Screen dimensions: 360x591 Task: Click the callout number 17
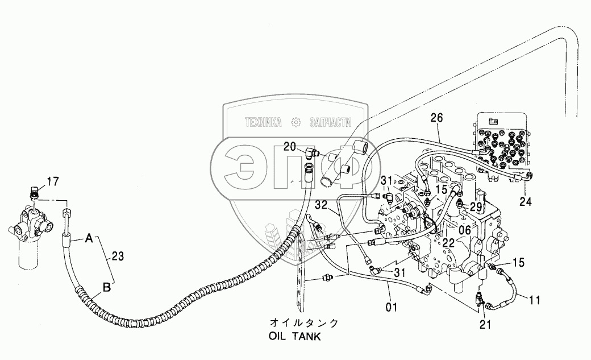coord(53,183)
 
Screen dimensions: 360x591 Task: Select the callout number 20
coord(290,147)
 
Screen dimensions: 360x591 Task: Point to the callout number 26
coord(436,118)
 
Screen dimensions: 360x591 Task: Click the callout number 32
coord(320,205)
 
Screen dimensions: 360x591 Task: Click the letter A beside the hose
coord(89,240)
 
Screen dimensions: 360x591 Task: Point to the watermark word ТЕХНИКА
coord(263,122)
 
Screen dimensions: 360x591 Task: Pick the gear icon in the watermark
coord(295,122)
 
